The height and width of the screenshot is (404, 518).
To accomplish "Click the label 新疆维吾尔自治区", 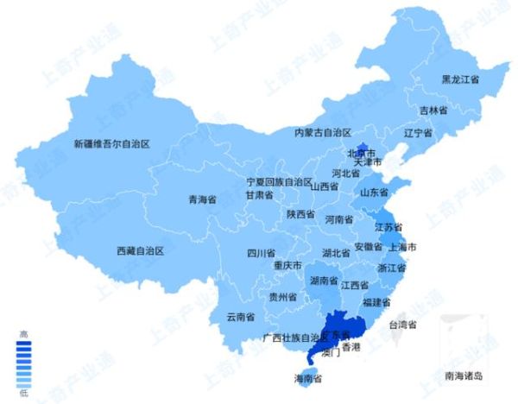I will click(111, 144).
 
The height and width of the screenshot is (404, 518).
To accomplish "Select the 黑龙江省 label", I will click(460, 79).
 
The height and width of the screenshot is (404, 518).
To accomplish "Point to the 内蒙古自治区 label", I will click(322, 133).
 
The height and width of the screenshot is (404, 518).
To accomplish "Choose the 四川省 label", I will click(261, 254).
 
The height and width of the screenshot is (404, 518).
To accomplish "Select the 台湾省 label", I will click(402, 325).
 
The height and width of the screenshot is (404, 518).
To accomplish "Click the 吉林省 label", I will click(433, 110).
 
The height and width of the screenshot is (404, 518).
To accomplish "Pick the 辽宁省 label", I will click(418, 134).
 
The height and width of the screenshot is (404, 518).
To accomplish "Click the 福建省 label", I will click(376, 302).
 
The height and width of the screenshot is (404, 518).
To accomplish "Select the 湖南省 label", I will click(323, 281).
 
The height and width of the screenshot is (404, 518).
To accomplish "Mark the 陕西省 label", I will click(302, 214).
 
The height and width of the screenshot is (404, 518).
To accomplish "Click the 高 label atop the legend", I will click(24, 332).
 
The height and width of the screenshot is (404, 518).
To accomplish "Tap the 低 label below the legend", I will click(24, 394).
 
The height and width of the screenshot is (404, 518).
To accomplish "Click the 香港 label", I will click(351, 347).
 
